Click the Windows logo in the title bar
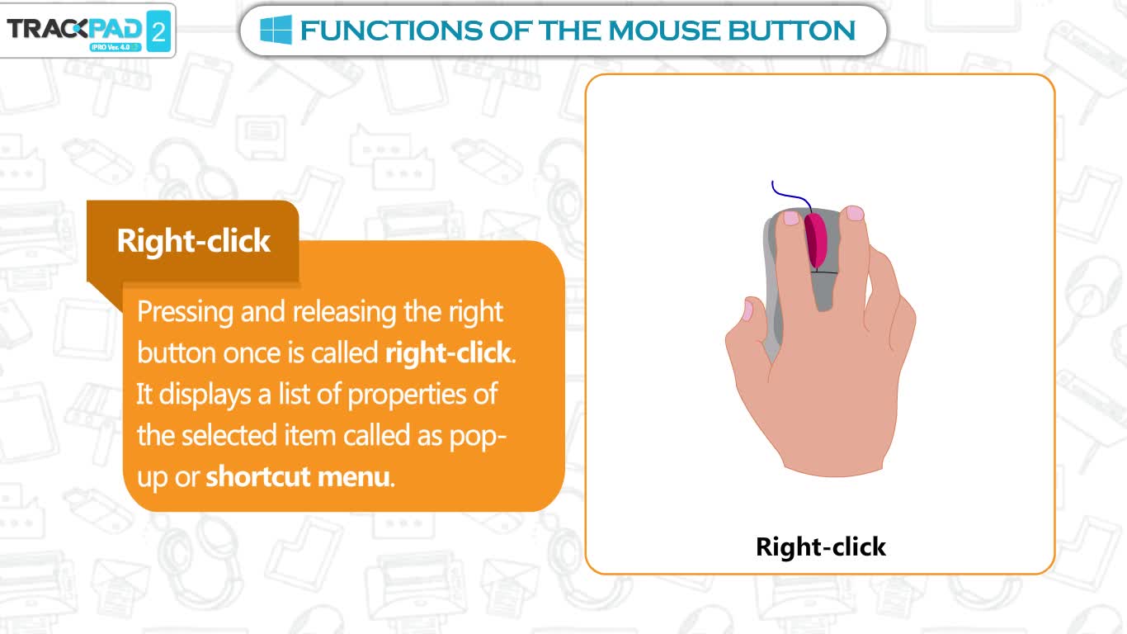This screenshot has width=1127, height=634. pos(276,30)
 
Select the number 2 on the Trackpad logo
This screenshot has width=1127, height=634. pos(158,31)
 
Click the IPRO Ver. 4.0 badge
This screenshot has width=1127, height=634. pos(116,47)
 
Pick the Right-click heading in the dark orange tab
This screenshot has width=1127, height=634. pos(194,240)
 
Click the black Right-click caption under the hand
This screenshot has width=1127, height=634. pos(821,546)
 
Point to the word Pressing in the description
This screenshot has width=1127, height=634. pos(185,313)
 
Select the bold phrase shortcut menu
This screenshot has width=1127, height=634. pos(300,475)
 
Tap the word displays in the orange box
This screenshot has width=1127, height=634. pos(205,395)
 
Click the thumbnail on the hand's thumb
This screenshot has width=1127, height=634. pos(748,310)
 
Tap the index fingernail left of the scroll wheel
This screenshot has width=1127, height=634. pos(790,218)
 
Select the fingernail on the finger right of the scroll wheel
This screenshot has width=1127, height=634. pos(855,213)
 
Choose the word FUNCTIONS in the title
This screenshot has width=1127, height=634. pos(391,31)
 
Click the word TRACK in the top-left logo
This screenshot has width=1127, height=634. pos(43,29)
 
